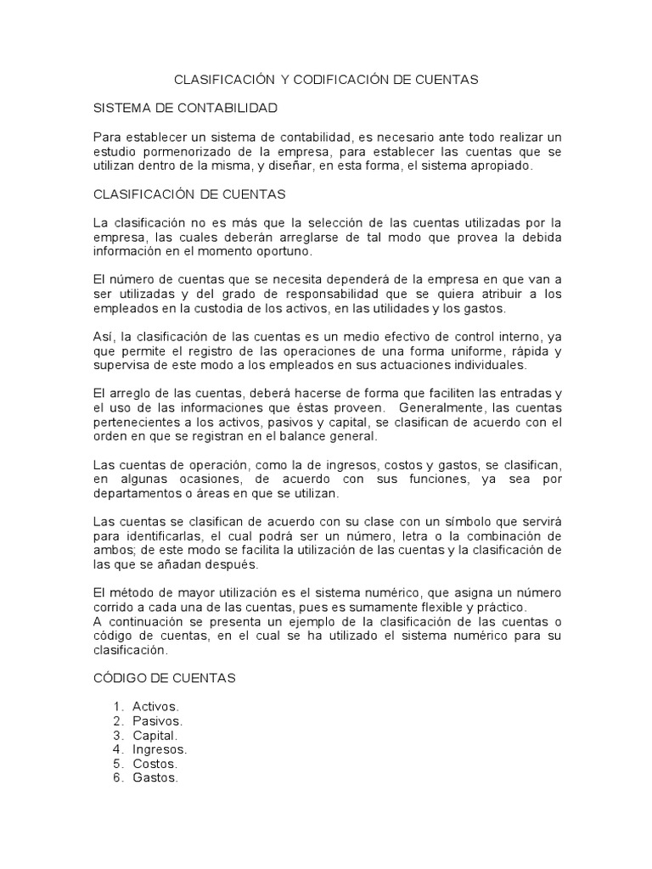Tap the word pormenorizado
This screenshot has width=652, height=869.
point(183,152)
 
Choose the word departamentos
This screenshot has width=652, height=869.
point(135,493)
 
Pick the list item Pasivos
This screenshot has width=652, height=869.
point(157,720)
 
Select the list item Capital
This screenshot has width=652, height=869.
point(155,735)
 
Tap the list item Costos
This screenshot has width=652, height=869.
point(155,764)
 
